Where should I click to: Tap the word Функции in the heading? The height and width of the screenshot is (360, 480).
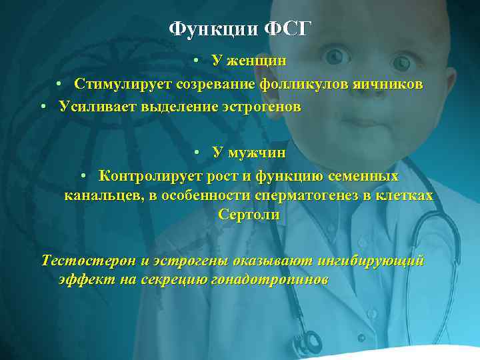pyautogui.click(x=212, y=29)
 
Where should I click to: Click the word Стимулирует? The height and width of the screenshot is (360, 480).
pyautogui.click(x=124, y=84)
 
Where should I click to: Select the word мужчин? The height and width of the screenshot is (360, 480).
pyautogui.click(x=256, y=153)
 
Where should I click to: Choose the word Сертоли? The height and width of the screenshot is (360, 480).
pyautogui.click(x=249, y=215)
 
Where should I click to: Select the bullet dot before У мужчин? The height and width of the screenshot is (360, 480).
pyautogui.click(x=199, y=153)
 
